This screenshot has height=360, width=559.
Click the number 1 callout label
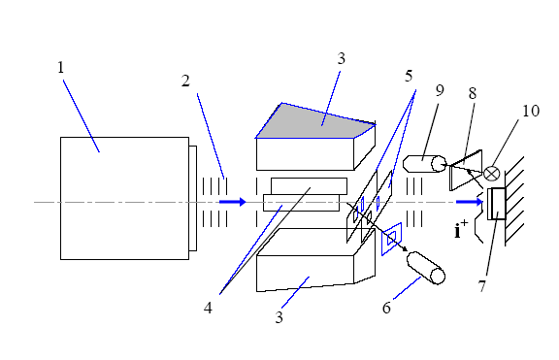[60, 67]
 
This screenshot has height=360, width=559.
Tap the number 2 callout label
[185, 82]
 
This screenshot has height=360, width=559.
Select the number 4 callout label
[208, 308]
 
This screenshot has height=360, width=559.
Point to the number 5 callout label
[409, 76]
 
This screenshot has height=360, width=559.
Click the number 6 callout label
[386, 308]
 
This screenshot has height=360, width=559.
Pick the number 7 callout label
[481, 286]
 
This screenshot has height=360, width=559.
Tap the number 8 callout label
[473, 93]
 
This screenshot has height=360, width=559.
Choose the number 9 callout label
[440, 90]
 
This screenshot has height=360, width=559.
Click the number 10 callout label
[531, 111]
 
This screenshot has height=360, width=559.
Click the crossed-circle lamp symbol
[492, 174]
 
